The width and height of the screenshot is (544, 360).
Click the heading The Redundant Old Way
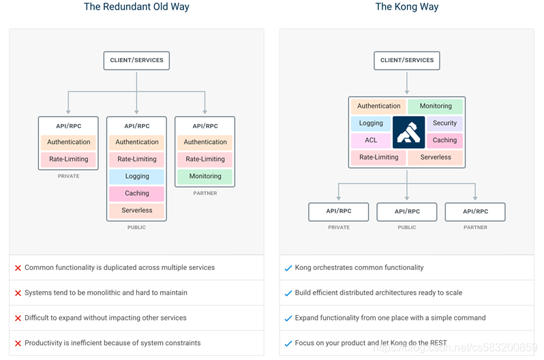coord(136,7)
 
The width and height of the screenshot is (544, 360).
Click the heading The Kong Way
coord(406,7)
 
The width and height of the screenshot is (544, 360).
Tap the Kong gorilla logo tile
coord(408,132)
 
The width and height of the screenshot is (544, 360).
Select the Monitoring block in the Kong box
coord(436,106)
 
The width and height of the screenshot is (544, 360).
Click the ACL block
coord(371,140)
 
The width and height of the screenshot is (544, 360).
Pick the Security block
coord(444,123)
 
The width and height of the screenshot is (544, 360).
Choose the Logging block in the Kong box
coord(371,123)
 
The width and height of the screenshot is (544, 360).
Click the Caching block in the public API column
coord(136,194)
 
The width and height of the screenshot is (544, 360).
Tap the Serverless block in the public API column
coord(136,211)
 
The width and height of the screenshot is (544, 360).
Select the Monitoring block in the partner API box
coord(205,177)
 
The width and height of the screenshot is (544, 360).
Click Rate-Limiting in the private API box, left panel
coord(68,160)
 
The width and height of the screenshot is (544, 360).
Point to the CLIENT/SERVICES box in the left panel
coord(136,61)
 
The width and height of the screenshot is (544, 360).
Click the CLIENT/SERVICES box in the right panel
coord(407,61)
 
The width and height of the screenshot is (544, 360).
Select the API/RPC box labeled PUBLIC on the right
coord(407,211)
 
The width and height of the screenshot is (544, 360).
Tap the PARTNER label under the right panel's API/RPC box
coord(475,228)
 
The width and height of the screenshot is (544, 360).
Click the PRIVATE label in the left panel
coord(68,177)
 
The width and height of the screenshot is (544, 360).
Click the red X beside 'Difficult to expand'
coord(18,318)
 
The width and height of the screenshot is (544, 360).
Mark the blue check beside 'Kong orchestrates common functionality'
coord(288,268)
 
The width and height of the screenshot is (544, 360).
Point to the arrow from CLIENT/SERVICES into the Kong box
coord(407,82)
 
